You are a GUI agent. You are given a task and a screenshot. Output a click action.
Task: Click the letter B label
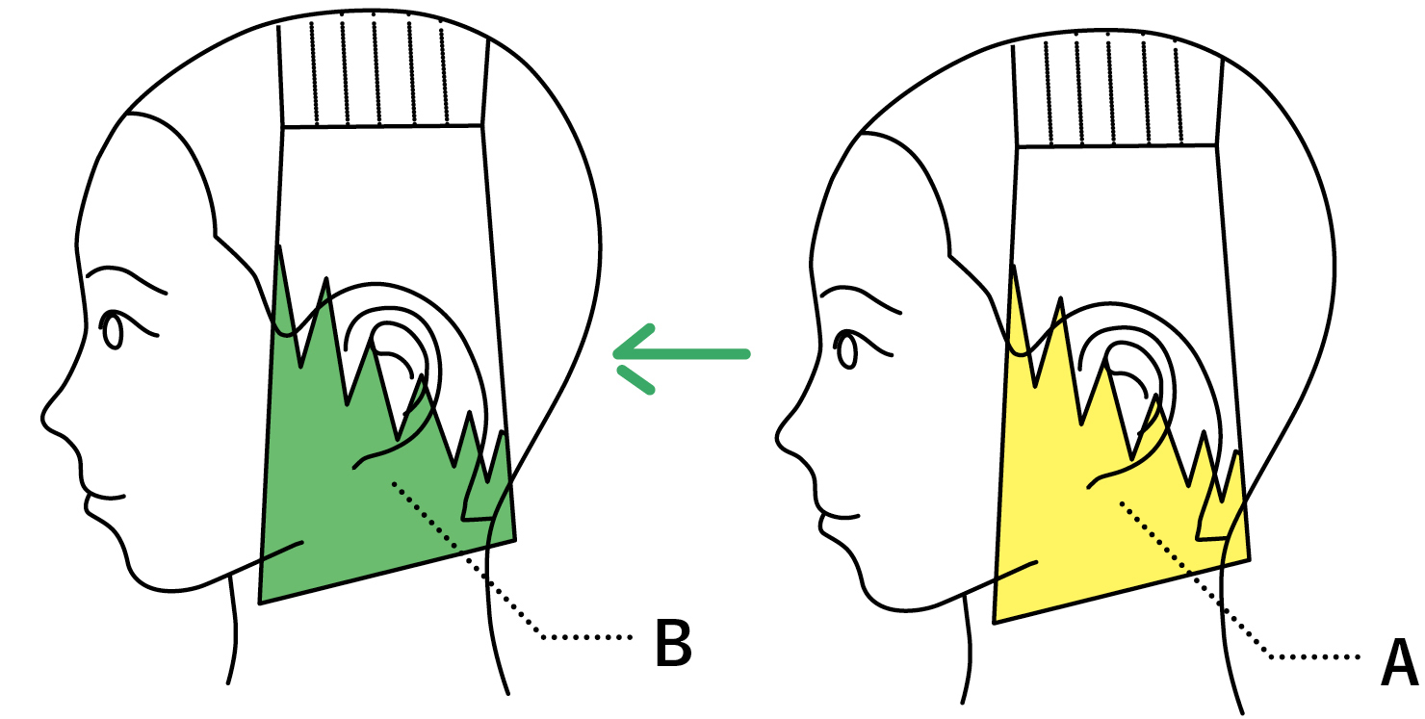673,644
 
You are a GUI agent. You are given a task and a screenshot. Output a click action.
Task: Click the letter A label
1400,664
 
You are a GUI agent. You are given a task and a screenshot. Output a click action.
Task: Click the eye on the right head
847,350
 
